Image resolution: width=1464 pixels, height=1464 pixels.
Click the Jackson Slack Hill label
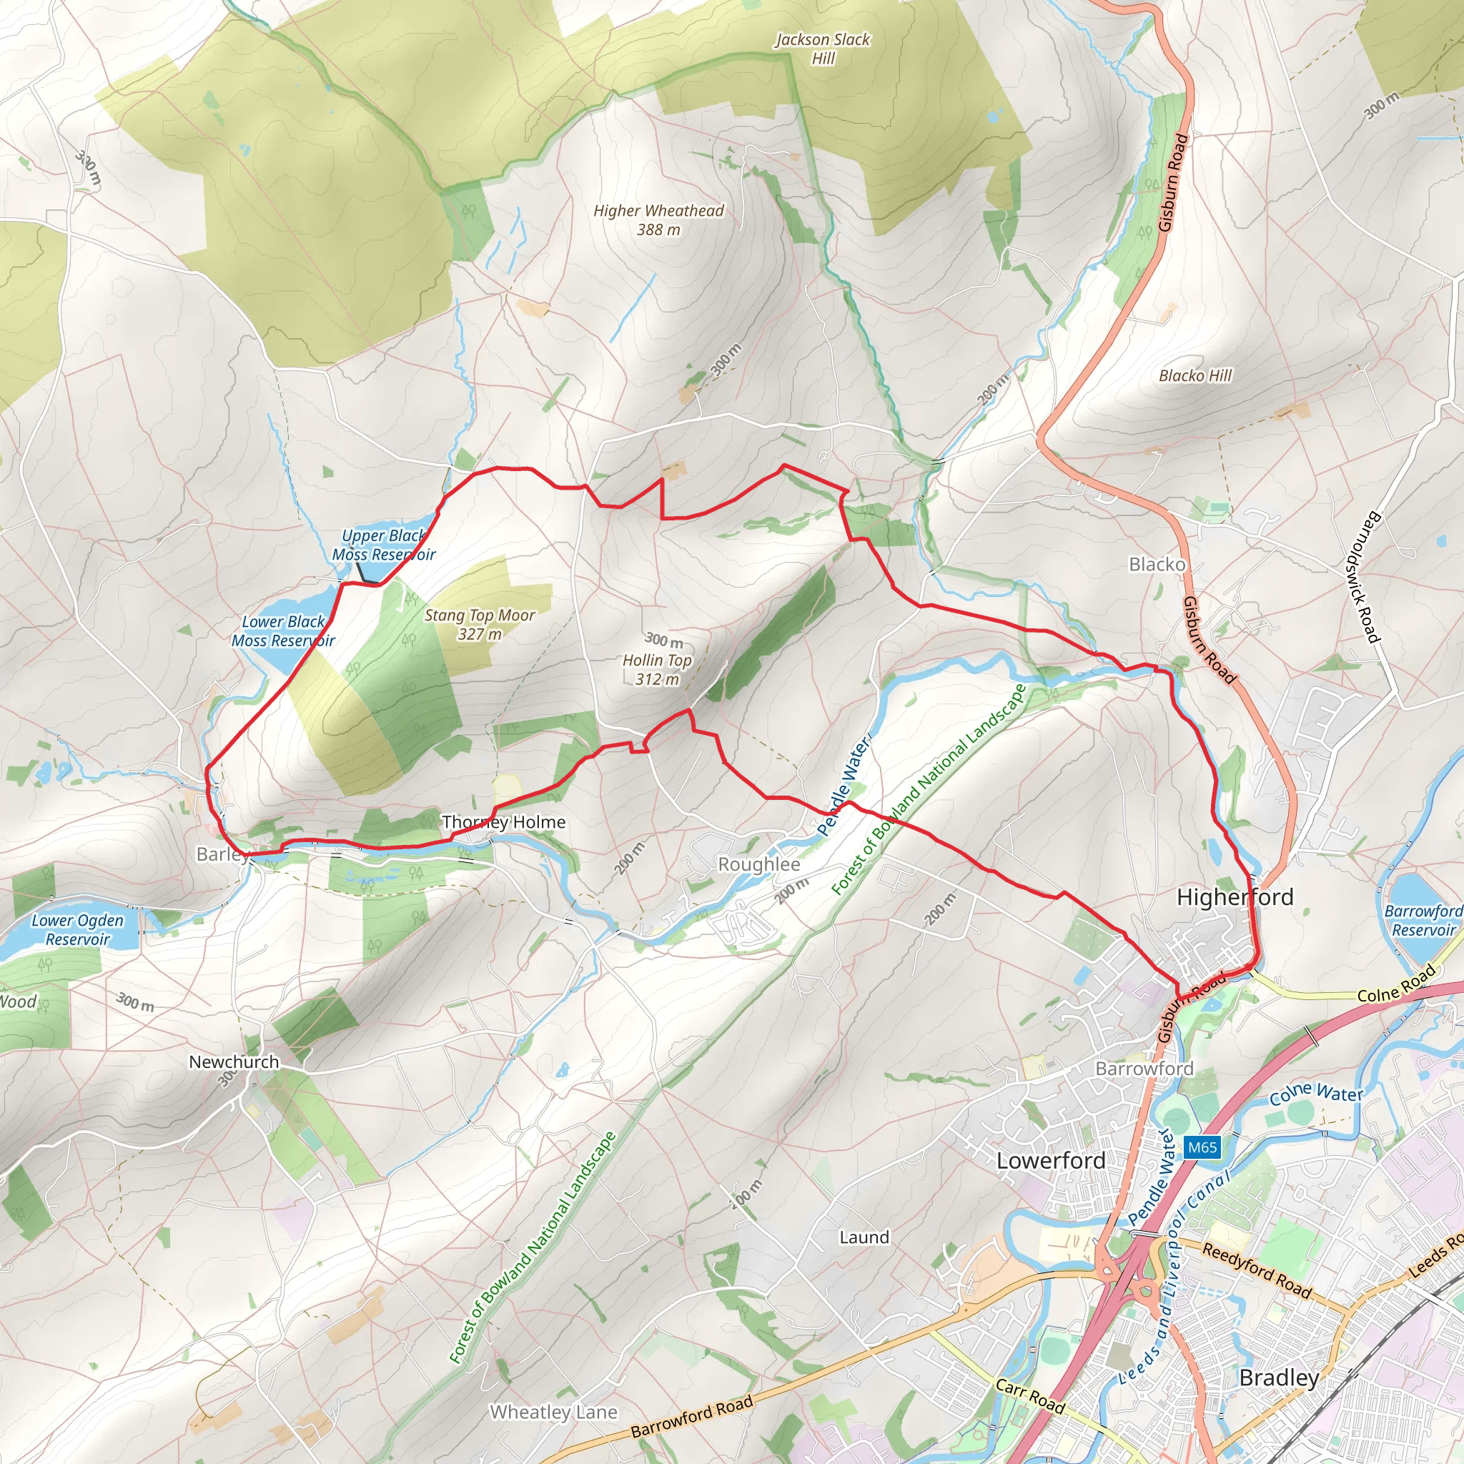822,49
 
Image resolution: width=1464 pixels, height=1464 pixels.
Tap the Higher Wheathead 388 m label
658,219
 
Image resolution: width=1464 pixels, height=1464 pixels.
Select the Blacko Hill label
1195,375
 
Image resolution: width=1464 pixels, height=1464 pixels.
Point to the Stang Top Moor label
480,624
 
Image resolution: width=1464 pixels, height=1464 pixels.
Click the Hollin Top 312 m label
657,670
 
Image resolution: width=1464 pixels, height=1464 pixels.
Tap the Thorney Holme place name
504,821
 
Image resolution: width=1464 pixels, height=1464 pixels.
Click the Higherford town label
1235,897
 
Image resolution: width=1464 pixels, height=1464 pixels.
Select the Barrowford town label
1144,1069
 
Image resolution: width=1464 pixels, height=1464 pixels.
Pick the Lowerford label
1051,1160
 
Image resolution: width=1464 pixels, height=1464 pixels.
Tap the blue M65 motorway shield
1202,1147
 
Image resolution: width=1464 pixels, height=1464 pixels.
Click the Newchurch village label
234,1062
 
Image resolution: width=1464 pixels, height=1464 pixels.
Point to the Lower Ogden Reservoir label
77,930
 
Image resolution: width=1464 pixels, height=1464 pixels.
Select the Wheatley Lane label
553,1412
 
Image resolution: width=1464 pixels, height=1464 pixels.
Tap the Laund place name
864,1237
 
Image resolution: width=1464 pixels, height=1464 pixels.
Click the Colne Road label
1397,984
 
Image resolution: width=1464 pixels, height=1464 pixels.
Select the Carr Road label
1031,1396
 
